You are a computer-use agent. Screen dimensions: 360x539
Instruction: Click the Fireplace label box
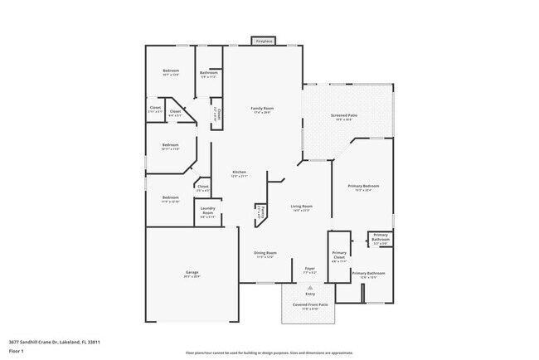click(265, 41)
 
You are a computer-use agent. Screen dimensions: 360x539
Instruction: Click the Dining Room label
click(265, 254)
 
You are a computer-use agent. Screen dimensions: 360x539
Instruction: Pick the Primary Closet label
click(339, 255)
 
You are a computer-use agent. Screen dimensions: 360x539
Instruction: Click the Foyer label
click(309, 270)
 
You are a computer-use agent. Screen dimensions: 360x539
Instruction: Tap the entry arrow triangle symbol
click(310, 287)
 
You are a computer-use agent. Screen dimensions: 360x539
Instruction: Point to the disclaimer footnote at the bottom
click(269, 353)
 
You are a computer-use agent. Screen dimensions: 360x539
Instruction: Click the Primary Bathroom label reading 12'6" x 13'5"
click(368, 275)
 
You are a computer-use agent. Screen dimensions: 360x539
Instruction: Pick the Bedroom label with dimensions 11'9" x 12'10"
click(170, 199)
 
